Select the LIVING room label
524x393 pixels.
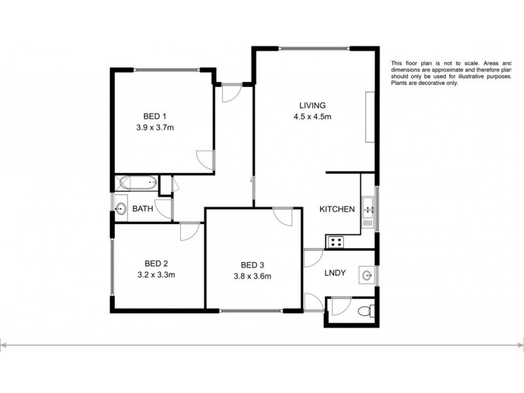tap(312, 106)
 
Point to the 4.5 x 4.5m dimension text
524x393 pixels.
tap(312, 117)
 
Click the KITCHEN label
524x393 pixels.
tap(337, 210)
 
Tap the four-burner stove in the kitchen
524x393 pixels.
tap(336, 242)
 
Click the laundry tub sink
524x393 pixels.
tap(367, 276)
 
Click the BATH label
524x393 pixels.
tap(143, 210)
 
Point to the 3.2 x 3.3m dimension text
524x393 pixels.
tap(155, 275)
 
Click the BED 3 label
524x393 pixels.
tap(252, 265)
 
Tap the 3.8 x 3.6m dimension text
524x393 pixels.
tap(252, 276)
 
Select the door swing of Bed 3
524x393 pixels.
tap(283, 218)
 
